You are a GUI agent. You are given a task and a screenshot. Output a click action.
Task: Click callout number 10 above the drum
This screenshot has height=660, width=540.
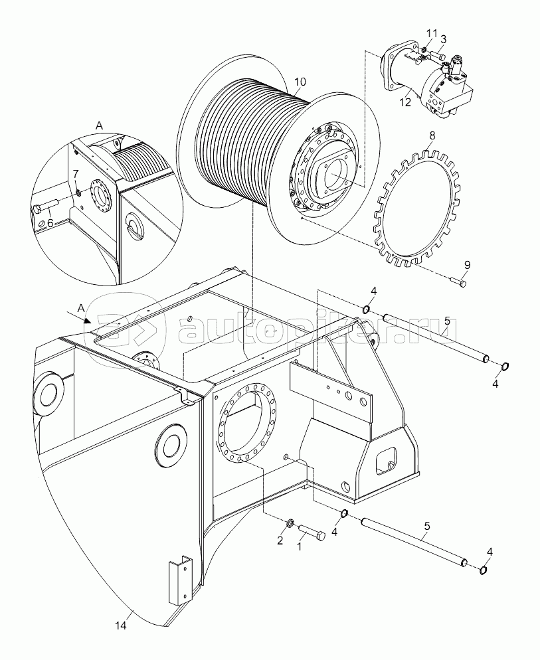point(300,82)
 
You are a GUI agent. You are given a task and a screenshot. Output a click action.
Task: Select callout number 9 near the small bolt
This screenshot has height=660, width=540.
point(467,264)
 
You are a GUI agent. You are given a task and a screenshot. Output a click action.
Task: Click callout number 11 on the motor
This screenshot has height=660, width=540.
point(431,34)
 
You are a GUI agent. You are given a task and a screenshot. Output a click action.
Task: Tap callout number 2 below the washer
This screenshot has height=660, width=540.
point(280,540)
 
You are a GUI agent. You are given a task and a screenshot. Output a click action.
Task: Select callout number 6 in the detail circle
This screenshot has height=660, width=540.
point(50,223)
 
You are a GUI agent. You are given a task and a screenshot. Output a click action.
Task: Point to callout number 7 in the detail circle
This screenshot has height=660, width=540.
point(76,174)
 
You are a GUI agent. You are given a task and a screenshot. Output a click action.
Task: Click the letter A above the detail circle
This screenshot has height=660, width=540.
point(100,125)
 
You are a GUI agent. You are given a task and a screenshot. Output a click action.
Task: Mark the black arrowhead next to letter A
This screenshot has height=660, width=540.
point(88,319)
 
